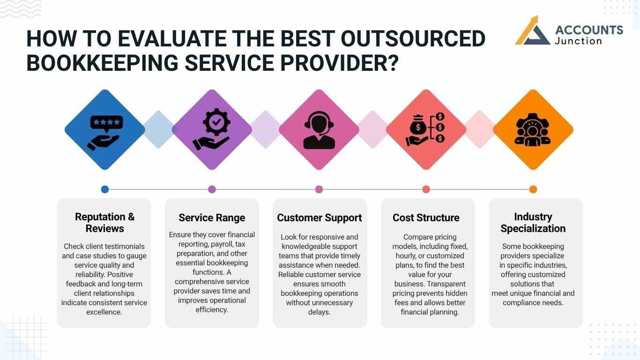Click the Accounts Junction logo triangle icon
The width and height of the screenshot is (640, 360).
[x=533, y=32]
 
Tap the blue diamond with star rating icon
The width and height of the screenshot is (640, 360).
[x=105, y=130]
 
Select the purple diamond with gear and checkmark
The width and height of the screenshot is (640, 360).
[x=212, y=130]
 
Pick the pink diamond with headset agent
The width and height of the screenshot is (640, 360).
[x=319, y=130]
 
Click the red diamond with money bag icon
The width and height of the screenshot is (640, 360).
[x=426, y=130]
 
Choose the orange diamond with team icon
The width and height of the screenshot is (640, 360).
[x=533, y=130]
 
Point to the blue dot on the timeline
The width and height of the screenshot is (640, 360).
[x=105, y=189]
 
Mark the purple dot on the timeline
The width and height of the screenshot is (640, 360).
[x=212, y=189]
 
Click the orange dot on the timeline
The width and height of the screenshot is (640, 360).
[x=533, y=189]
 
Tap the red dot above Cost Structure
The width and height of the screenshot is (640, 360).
[x=426, y=189]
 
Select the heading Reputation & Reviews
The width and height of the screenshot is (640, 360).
[x=105, y=223]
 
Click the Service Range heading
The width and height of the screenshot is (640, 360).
[x=212, y=217]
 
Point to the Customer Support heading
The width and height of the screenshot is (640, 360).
[x=320, y=217]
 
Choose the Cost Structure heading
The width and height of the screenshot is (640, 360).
[x=426, y=217]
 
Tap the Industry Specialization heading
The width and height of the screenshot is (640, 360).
[x=533, y=223]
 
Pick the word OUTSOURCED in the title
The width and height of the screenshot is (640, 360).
[x=413, y=39]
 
